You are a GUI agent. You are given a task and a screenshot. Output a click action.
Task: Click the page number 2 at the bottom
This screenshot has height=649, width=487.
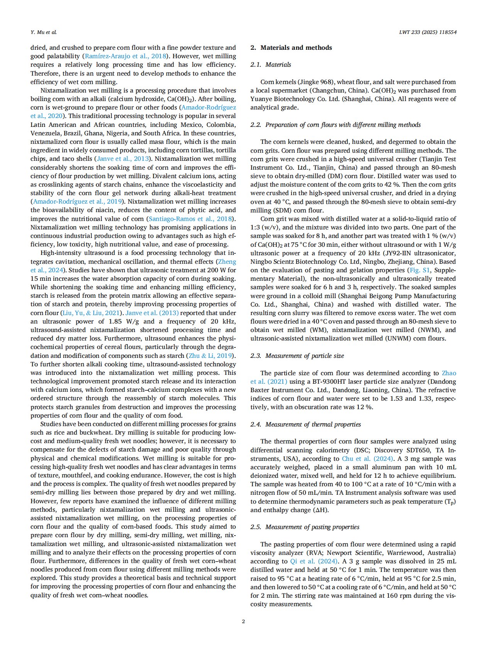(x=243, y=621)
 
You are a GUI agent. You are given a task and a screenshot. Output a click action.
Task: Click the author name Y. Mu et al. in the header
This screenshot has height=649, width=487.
(x=44, y=32)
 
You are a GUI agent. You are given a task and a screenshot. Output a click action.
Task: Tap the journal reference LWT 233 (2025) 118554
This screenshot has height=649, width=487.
(x=428, y=32)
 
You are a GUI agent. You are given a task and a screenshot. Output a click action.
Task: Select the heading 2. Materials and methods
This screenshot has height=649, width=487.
(x=291, y=48)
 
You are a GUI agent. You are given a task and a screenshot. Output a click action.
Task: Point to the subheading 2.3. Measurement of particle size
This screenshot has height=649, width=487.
(x=297, y=356)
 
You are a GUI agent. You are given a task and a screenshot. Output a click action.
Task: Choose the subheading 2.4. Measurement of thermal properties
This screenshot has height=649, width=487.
(x=305, y=424)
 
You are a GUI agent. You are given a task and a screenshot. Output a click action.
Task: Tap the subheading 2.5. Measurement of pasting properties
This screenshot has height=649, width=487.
(x=304, y=527)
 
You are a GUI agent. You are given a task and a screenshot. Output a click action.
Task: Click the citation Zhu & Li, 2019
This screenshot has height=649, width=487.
(x=210, y=356)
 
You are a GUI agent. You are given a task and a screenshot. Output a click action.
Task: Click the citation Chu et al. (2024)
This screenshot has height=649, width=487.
(x=367, y=459)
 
